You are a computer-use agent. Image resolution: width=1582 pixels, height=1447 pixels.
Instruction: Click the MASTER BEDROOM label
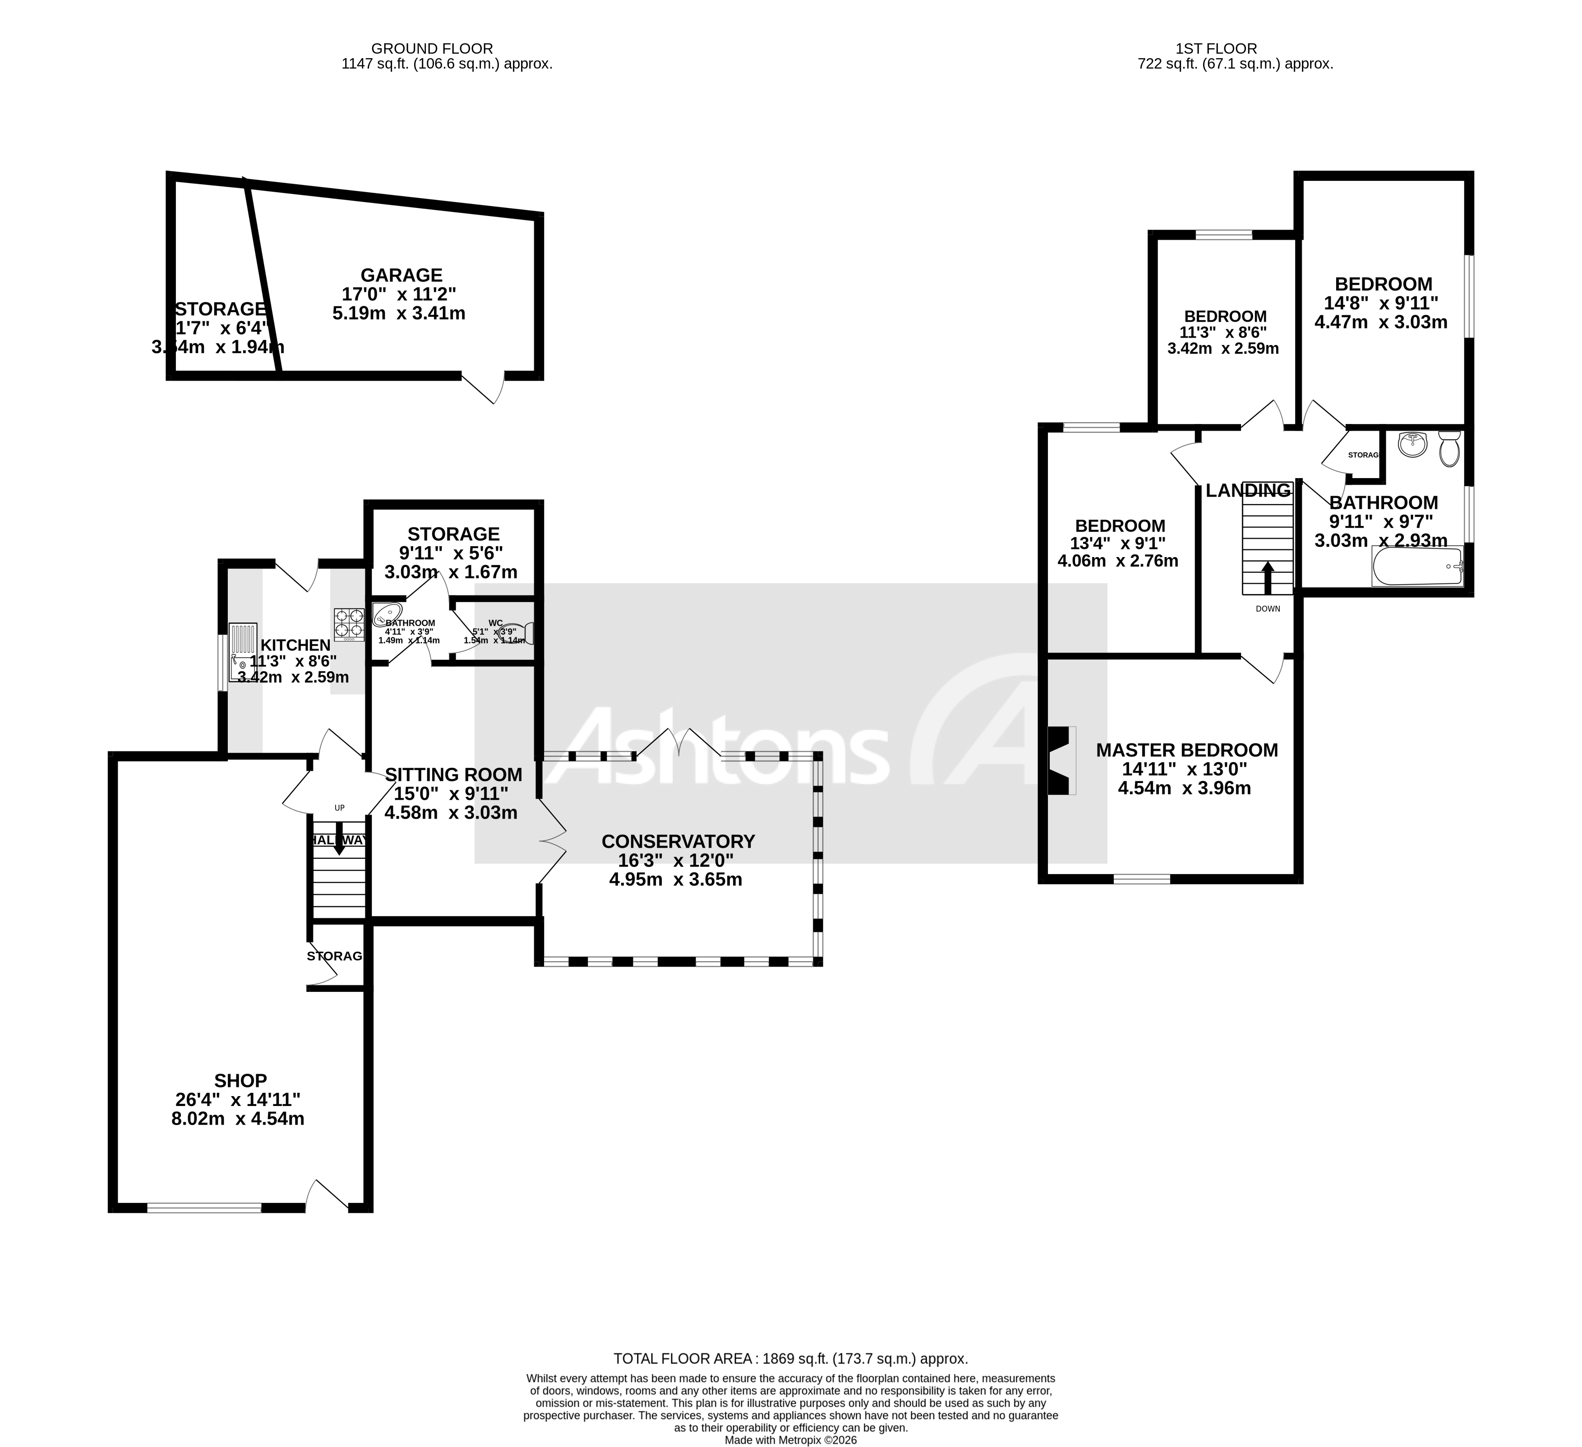pyautogui.click(x=1186, y=750)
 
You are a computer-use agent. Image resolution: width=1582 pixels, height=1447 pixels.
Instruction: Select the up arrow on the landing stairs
pyautogui.click(x=1267, y=577)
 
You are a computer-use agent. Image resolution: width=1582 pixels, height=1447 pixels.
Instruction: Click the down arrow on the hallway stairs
pyautogui.click(x=339, y=838)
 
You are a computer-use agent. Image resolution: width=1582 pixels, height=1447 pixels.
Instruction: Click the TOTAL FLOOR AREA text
pyautogui.click(x=790, y=1358)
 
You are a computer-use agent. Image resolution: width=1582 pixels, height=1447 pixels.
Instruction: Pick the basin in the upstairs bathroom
pyautogui.click(x=1412, y=444)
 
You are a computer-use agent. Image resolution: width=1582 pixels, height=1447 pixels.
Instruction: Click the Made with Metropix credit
pyautogui.click(x=790, y=1440)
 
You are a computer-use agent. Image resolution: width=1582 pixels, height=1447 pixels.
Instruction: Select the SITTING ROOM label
pyautogui.click(x=453, y=774)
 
